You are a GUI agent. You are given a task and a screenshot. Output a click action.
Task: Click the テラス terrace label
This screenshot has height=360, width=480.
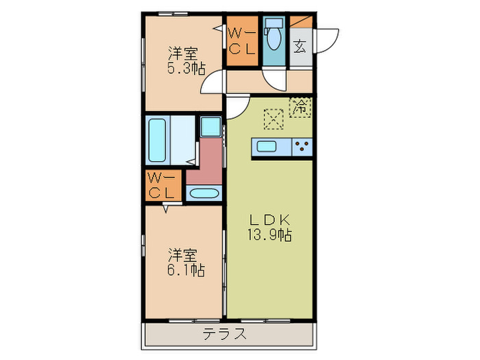click(x=224, y=335)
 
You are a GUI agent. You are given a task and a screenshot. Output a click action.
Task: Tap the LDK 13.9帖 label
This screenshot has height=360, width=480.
click(x=270, y=227)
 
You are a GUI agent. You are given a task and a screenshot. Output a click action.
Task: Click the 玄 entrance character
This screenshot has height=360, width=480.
click(x=300, y=47)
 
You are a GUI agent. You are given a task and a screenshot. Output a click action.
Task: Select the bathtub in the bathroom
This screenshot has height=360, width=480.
click(x=157, y=140)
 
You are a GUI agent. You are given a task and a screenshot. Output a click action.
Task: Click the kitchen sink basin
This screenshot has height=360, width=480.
click(x=265, y=145)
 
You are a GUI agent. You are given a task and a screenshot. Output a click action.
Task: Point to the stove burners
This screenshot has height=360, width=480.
click(x=302, y=145)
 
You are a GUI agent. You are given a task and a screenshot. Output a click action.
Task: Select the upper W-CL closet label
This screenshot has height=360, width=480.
click(x=241, y=40)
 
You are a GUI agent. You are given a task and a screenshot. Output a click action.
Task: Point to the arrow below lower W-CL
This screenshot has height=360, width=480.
click(x=165, y=211)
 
